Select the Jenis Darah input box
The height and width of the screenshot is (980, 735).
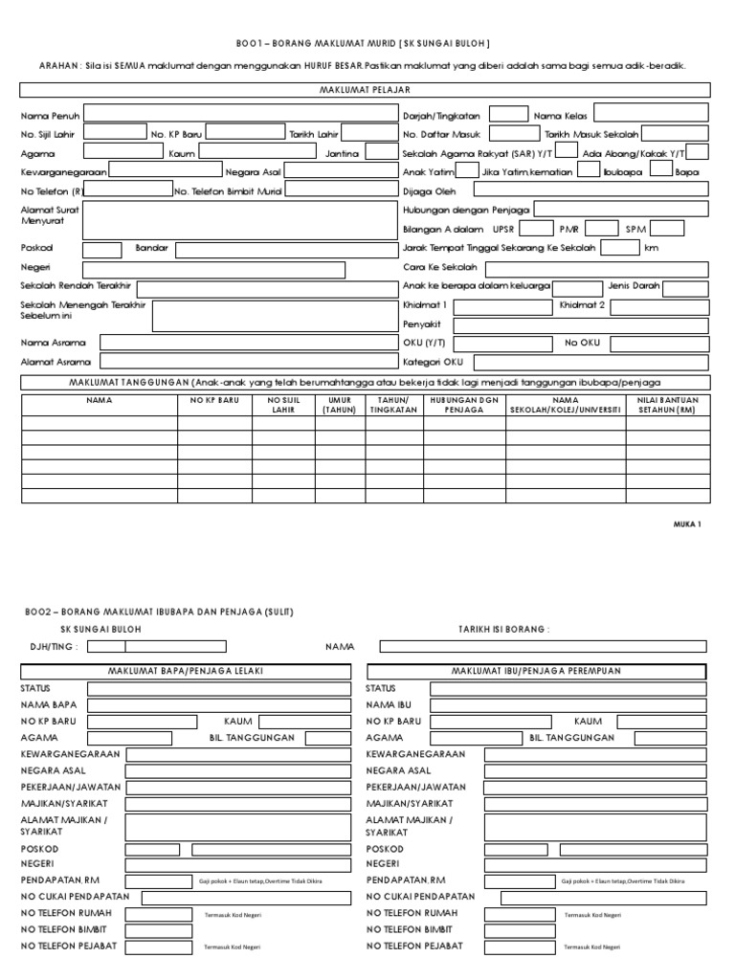tap(686, 287)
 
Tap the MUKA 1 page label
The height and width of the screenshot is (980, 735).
tap(689, 524)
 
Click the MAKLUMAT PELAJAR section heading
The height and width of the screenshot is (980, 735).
tap(365, 90)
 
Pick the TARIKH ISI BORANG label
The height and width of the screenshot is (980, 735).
tap(504, 630)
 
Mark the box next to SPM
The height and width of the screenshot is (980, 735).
tap(668, 229)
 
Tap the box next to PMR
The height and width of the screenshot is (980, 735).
tap(602, 229)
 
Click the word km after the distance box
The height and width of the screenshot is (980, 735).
tap(652, 248)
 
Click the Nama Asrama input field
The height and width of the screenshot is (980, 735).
tap(246, 343)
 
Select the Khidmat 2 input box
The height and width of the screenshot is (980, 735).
tap(660, 306)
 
